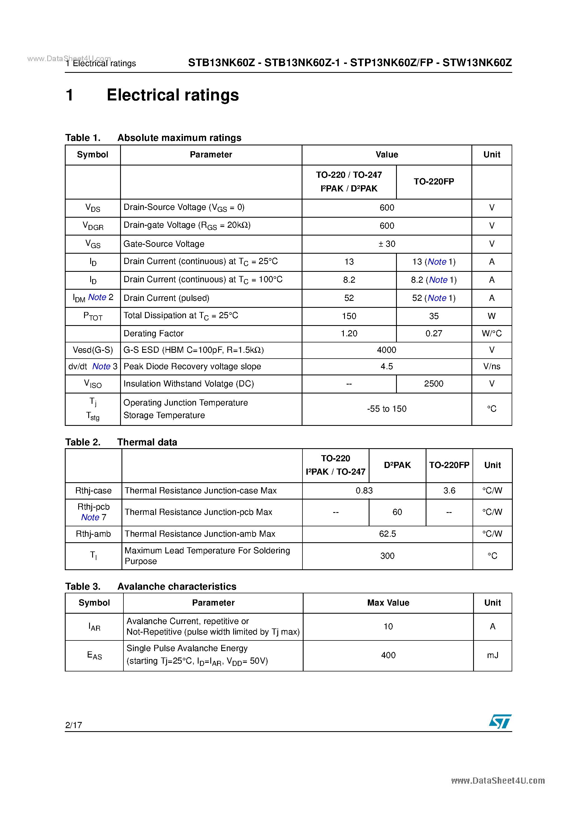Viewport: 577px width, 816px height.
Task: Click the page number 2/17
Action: click(x=74, y=725)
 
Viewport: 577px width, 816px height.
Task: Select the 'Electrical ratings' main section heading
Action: click(x=173, y=95)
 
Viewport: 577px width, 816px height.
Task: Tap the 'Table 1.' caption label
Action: click(x=83, y=138)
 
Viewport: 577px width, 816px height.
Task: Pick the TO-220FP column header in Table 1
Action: click(x=434, y=182)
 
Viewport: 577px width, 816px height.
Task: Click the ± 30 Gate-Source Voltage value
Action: click(x=387, y=244)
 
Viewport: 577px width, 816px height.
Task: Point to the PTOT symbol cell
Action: click(x=93, y=316)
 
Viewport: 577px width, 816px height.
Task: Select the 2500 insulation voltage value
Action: click(x=434, y=383)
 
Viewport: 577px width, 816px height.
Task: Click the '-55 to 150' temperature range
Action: click(x=387, y=409)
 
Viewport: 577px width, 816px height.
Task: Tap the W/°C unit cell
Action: click(x=492, y=333)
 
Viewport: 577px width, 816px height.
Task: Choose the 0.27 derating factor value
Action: click(x=434, y=333)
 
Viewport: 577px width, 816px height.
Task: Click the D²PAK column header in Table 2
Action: click(x=397, y=465)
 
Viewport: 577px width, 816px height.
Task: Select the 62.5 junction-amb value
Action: click(x=387, y=534)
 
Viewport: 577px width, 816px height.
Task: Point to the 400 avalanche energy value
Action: click(x=388, y=655)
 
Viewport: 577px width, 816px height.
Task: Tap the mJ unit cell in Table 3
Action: click(x=492, y=655)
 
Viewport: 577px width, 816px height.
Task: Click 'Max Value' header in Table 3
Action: click(x=388, y=603)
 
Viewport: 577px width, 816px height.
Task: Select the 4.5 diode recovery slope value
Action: click(x=387, y=366)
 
